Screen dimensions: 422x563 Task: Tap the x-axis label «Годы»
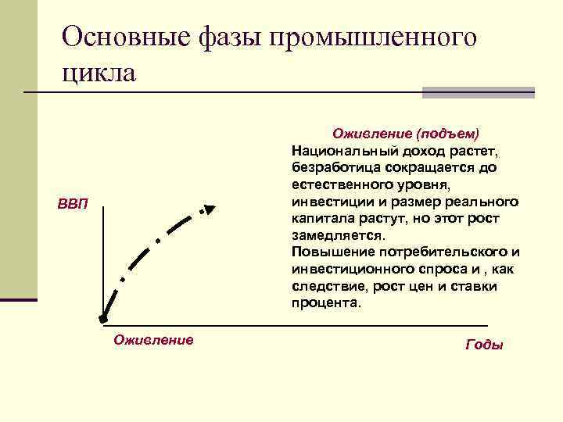[x=484, y=344]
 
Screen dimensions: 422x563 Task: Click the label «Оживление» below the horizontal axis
[x=153, y=339]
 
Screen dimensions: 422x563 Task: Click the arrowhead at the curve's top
[x=207, y=209]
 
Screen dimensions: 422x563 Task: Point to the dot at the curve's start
[x=102, y=318]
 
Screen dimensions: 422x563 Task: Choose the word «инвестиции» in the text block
[x=326, y=201]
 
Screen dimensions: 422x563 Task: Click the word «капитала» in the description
[x=319, y=218]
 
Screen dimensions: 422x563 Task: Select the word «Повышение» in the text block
[x=324, y=252]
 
